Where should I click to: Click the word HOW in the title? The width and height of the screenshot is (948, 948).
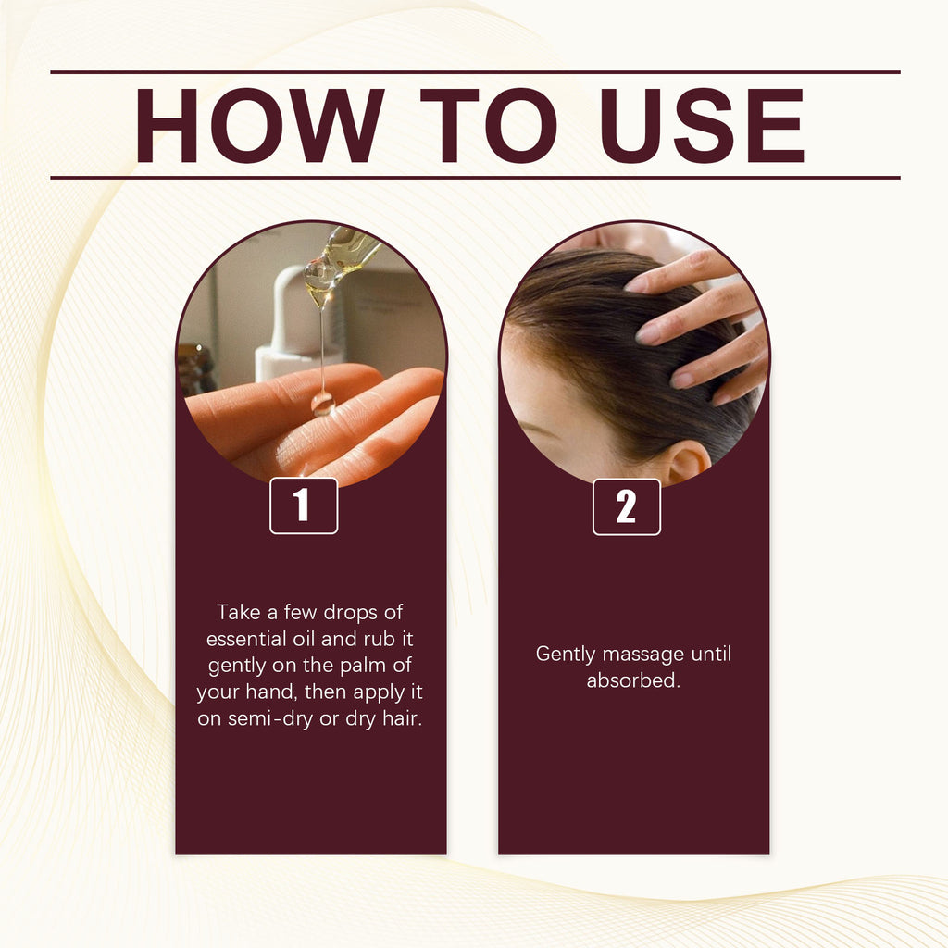pyautogui.click(x=260, y=125)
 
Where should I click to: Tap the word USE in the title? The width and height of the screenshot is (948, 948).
pyautogui.click(x=702, y=125)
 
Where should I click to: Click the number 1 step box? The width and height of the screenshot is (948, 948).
pyautogui.click(x=304, y=505)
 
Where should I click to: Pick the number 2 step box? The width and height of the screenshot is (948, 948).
pyautogui.click(x=627, y=506)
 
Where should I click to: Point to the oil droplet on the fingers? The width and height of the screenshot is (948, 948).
pyautogui.click(x=323, y=404)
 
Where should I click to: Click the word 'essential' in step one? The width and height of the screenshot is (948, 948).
pyautogui.click(x=246, y=639)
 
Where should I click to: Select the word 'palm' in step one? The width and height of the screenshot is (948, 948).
pyautogui.click(x=363, y=666)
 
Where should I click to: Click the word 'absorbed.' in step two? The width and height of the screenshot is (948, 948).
pyautogui.click(x=633, y=680)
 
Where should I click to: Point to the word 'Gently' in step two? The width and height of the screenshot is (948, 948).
pyautogui.click(x=566, y=655)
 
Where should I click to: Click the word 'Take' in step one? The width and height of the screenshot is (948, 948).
pyautogui.click(x=238, y=612)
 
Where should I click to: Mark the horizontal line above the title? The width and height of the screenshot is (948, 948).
pyautogui.click(x=475, y=72)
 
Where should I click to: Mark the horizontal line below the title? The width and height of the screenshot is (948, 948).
pyautogui.click(x=475, y=178)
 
